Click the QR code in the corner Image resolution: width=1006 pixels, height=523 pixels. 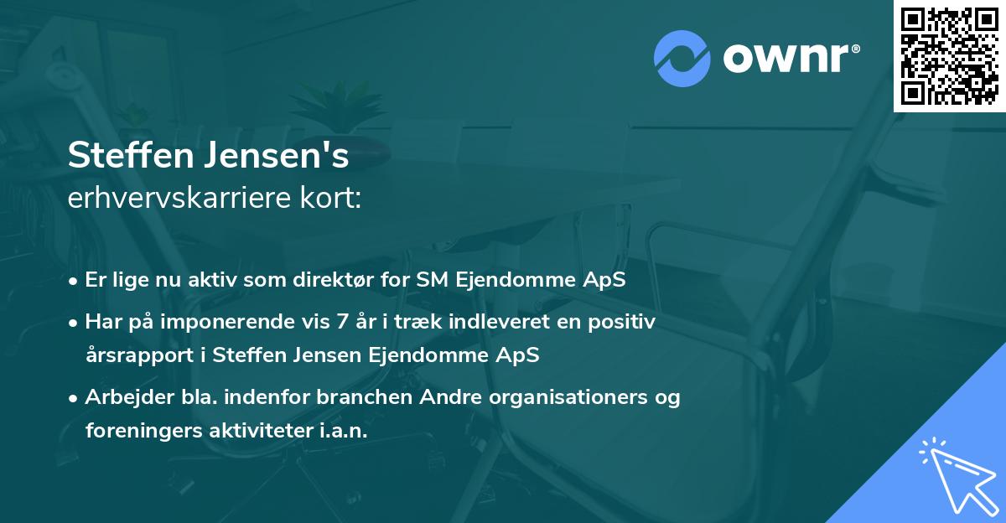(x=950, y=56)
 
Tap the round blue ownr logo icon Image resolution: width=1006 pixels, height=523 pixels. (x=682, y=58)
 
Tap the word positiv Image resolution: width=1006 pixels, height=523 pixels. (x=624, y=321)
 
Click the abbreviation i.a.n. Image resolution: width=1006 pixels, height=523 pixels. (x=344, y=430)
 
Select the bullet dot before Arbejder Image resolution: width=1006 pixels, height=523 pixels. (x=74, y=397)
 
